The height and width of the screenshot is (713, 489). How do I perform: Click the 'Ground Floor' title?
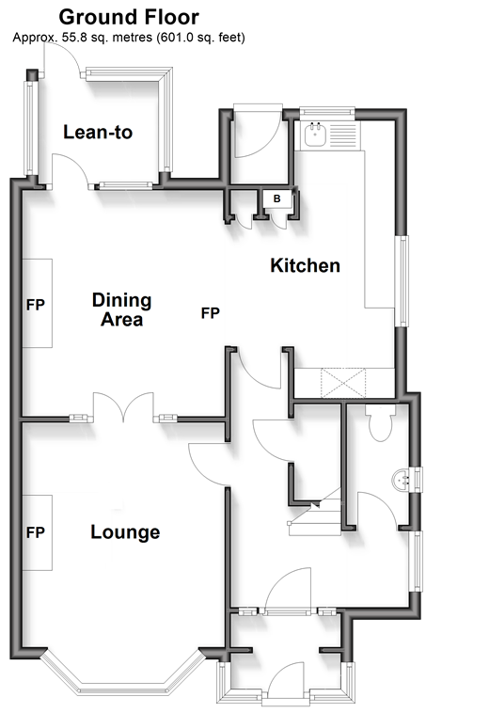129,17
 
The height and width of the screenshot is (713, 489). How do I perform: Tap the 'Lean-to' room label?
98,133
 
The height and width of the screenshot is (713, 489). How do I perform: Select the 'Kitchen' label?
305,265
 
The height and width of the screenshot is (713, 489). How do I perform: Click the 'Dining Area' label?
122,309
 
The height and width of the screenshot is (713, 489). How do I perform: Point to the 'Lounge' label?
125,532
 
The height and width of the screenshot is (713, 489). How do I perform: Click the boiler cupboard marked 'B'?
277,198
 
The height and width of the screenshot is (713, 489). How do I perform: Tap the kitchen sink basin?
315,135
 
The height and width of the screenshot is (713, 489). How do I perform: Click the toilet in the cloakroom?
380,423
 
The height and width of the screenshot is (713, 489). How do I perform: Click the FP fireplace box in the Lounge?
38,532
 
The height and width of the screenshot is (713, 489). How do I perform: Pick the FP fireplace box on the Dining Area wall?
38,303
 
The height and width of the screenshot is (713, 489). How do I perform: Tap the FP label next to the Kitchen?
211,313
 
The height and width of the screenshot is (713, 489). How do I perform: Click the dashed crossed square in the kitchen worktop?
343,384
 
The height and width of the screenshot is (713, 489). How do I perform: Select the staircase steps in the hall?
314,513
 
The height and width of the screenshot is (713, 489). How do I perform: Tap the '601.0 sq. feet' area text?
201,38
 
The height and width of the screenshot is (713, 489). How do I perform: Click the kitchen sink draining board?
342,135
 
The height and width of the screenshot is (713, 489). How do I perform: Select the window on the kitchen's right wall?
402,280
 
